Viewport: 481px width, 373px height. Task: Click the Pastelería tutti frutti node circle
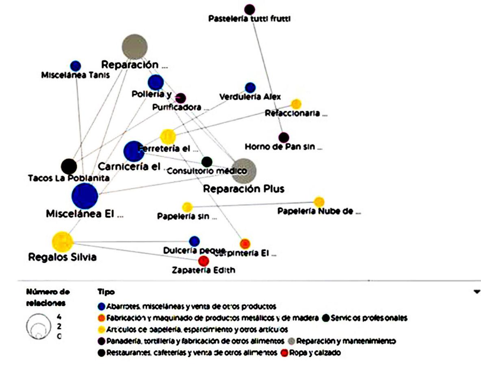tap(250, 9)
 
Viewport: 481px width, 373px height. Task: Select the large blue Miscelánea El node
tap(84, 196)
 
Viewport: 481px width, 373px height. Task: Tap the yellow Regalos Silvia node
tap(63, 241)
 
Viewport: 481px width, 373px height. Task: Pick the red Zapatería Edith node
tap(204, 261)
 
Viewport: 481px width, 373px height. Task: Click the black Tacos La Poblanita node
tap(69, 166)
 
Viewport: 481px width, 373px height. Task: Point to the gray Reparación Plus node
tap(244, 171)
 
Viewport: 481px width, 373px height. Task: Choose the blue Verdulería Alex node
tap(250, 87)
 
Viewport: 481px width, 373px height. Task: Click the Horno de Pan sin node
tap(284, 138)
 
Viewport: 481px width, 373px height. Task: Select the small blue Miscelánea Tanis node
tap(76, 66)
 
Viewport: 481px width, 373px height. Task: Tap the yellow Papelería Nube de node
tap(319, 201)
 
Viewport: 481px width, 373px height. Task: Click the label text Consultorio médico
tap(207, 171)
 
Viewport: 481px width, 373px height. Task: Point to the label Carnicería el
tap(129, 167)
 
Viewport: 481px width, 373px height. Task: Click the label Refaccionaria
tap(296, 113)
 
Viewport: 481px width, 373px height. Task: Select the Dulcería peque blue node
tap(195, 241)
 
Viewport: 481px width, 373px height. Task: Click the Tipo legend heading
tap(106, 292)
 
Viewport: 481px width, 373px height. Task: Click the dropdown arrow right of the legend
tap(477, 291)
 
